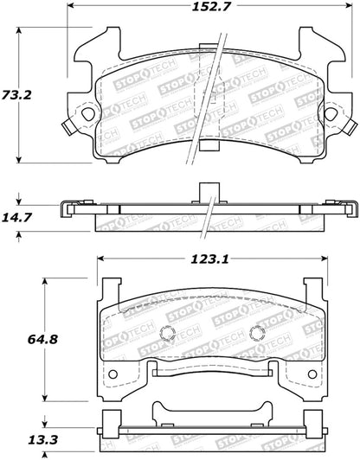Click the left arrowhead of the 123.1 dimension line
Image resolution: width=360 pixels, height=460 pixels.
100,258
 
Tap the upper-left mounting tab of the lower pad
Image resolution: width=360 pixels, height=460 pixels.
109,290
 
